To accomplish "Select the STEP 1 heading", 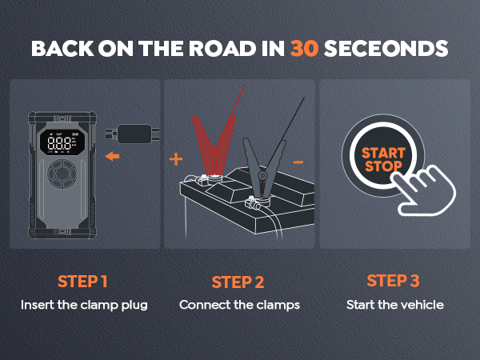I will pos(82,281).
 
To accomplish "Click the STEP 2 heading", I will pos(238,282).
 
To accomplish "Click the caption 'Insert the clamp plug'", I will pos(83,305).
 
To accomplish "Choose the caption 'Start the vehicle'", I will pos(393,305).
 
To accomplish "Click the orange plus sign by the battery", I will pos(176,159).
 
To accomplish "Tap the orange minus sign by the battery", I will pos(298,162).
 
